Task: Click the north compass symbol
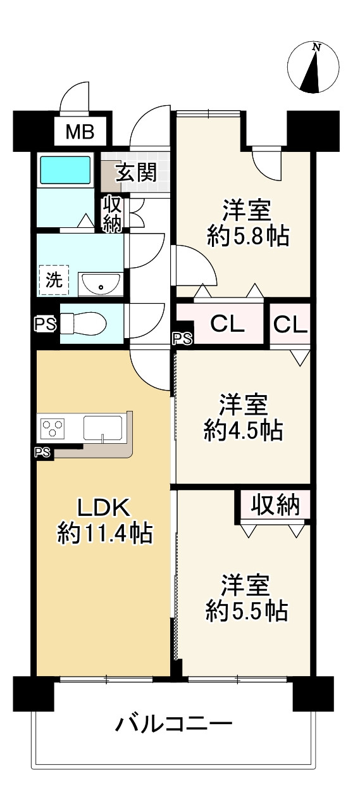[313, 67]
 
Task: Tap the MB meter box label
[80, 132]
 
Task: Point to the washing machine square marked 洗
[53, 280]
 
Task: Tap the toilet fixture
[84, 323]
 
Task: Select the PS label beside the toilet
[45, 325]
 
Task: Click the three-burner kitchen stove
[53, 427]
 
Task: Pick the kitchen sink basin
[103, 427]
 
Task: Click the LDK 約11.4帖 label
[104, 520]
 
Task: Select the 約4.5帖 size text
[244, 430]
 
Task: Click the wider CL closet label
[227, 325]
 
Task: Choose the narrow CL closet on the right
[290, 325]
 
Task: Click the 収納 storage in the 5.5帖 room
[275, 505]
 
